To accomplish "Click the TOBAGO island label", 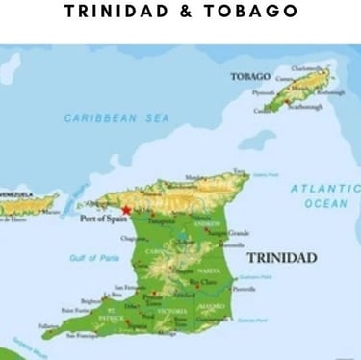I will tap(249, 76).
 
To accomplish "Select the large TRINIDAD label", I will tap(282, 258).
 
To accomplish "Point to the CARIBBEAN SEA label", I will tap(116, 118).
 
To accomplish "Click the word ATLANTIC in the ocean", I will tap(324, 189).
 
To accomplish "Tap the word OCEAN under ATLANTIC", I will tap(325, 203).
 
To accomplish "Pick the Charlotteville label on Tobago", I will tap(309, 68).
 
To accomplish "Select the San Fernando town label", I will tap(130, 288).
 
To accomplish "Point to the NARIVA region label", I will tap(208, 271).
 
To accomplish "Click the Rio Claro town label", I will tap(205, 281).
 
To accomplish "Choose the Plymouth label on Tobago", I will tap(263, 93).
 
